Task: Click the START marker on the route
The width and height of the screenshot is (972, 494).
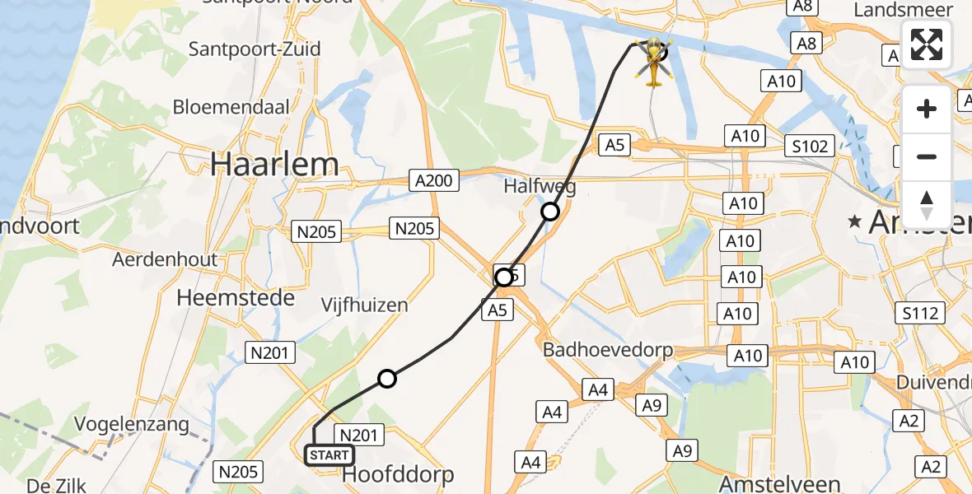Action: (x=329, y=455)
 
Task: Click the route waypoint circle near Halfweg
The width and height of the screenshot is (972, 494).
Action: (x=549, y=212)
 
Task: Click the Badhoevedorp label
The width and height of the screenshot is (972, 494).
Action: (x=608, y=350)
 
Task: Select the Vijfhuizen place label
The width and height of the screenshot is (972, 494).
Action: (x=365, y=305)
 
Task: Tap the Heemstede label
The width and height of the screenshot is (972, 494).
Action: (x=236, y=297)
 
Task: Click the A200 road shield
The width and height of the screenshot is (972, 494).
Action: (x=433, y=180)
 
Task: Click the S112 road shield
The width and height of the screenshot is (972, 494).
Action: (x=920, y=313)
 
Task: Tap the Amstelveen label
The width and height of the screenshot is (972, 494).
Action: (x=779, y=483)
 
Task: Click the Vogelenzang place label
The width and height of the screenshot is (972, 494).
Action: (x=132, y=425)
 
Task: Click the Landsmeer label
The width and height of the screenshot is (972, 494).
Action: (x=904, y=10)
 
